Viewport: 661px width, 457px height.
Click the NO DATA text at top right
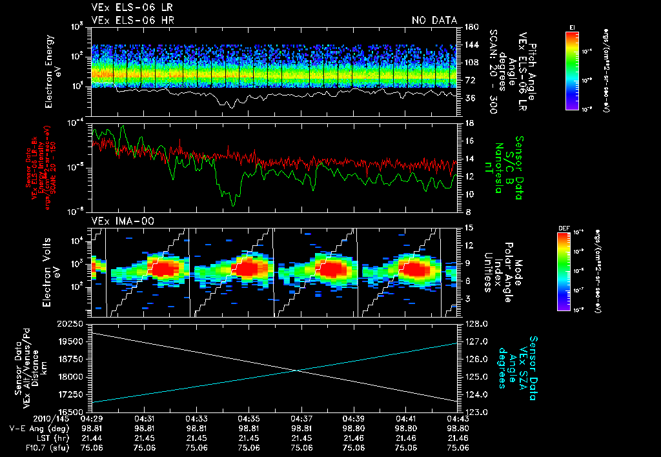[x=434, y=20]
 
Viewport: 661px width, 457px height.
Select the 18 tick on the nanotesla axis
[x=469, y=123]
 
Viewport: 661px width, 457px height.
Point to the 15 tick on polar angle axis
[x=469, y=227]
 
